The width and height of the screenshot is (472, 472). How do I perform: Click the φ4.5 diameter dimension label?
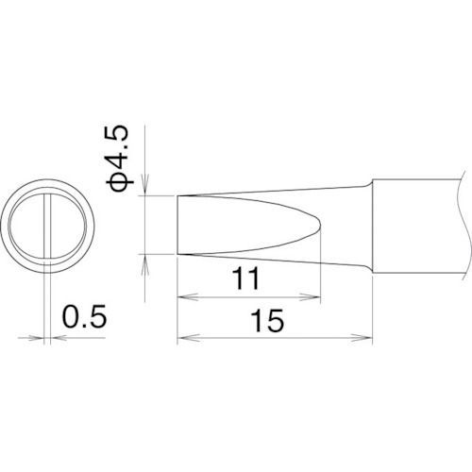[123, 158]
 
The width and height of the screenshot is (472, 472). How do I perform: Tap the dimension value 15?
[270, 323]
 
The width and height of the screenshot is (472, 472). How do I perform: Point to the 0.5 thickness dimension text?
[84, 315]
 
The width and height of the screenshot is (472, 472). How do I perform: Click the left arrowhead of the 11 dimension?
[184, 295]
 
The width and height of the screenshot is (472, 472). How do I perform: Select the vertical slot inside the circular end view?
[46, 227]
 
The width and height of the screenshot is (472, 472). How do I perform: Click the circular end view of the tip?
[47, 227]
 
